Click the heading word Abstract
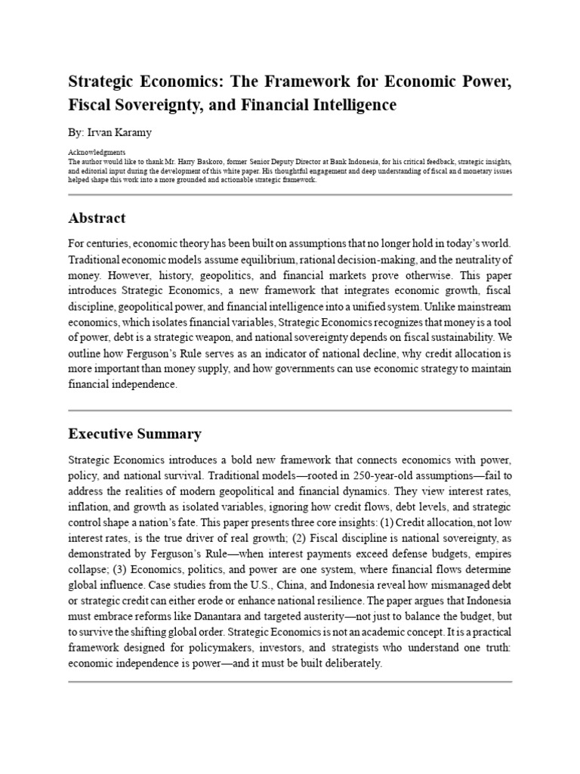97,218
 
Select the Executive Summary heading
134,434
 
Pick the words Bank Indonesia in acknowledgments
356,161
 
